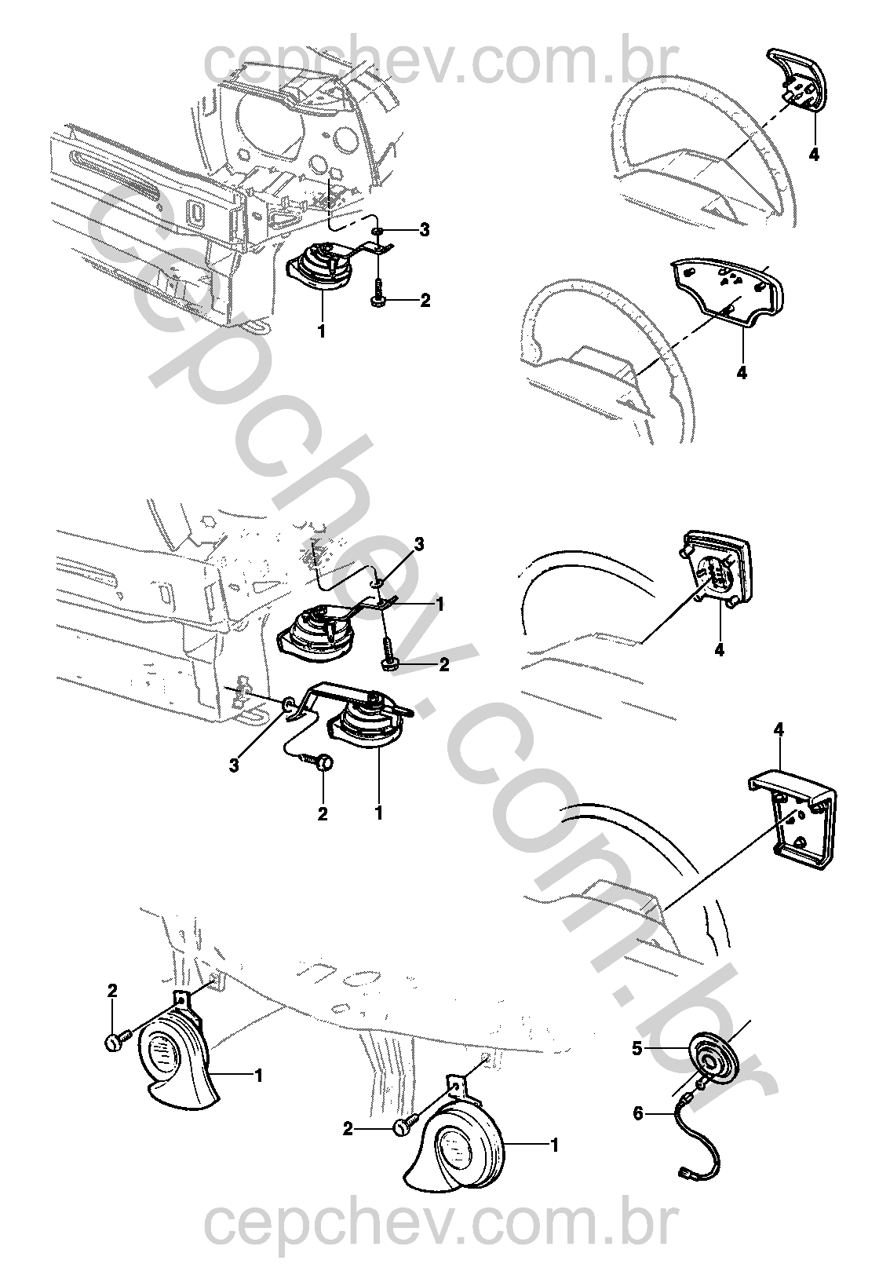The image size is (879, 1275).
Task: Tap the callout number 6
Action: click(x=638, y=1112)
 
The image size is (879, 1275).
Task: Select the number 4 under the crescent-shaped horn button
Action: click(x=814, y=154)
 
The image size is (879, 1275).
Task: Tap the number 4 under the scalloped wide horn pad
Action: click(x=742, y=373)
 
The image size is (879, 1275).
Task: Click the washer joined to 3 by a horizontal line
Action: click(x=379, y=231)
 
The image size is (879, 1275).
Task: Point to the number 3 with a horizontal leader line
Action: click(x=424, y=230)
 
